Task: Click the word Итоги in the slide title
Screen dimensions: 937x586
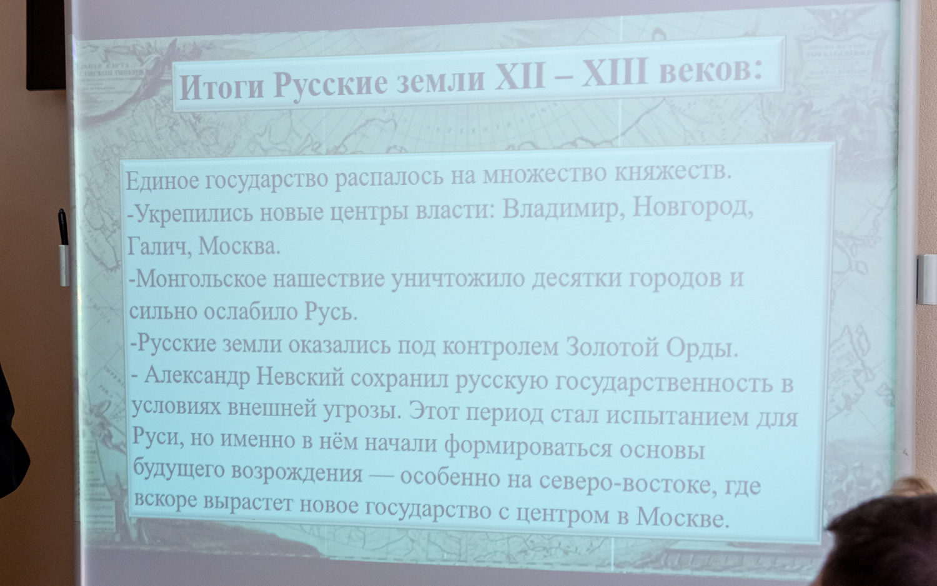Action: tap(222, 87)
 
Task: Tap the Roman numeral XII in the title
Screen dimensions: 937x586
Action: tap(520, 78)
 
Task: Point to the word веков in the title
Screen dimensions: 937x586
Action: tap(710, 70)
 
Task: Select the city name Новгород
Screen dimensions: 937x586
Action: tap(692, 206)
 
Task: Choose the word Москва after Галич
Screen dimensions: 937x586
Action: tap(239, 246)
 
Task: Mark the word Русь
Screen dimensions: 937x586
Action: tap(330, 311)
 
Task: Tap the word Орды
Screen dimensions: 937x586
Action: tap(702, 347)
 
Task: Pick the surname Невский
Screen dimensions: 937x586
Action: tap(300, 377)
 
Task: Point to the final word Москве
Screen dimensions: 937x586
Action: tap(682, 517)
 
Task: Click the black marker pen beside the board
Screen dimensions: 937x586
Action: tap(63, 227)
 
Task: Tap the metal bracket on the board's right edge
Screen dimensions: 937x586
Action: tap(926, 279)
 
